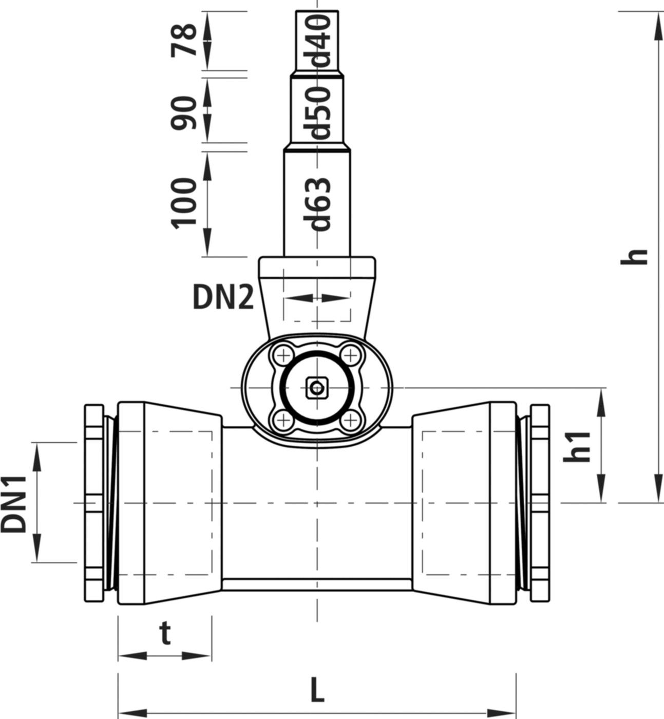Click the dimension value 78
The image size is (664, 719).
click(x=184, y=40)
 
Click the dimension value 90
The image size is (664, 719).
click(x=184, y=112)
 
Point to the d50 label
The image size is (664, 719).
click(x=320, y=112)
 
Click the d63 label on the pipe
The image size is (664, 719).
click(x=320, y=204)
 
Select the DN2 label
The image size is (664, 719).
click(x=223, y=297)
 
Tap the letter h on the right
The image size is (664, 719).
click(x=634, y=256)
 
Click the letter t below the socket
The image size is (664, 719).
click(x=164, y=634)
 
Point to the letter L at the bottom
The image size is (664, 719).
click(x=317, y=690)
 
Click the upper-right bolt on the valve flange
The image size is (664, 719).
click(x=350, y=354)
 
